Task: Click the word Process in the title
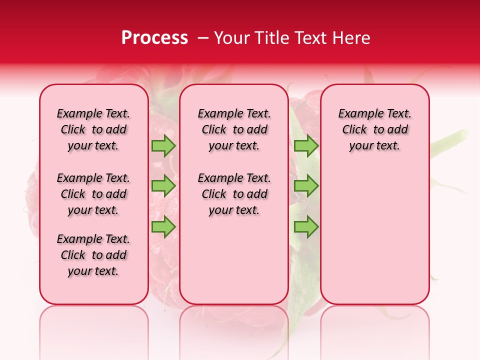coord(154,38)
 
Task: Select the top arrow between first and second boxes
coord(163,146)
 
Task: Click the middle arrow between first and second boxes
coord(163,186)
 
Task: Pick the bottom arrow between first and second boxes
coord(163,226)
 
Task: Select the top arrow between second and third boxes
coord(306,146)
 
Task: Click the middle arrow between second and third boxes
coord(306,186)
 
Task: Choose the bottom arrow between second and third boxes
coord(306,226)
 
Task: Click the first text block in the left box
coord(93,129)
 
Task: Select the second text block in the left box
coord(93,194)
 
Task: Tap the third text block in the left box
coord(93,255)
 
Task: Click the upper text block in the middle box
coord(234,129)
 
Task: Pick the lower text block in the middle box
coord(234,194)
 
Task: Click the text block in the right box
coord(374,129)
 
